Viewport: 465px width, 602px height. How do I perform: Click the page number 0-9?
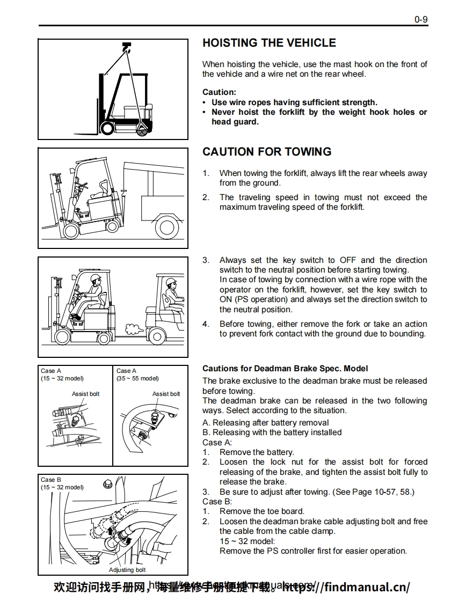420,20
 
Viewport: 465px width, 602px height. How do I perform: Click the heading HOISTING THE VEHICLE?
269,43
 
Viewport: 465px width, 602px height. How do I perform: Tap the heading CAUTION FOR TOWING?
267,152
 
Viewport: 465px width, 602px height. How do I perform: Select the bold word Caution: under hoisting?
219,92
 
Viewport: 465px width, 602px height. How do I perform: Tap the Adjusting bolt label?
127,570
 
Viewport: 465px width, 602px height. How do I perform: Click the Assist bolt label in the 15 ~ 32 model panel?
85,394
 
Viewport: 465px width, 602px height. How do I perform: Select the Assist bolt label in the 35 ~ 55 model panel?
166,394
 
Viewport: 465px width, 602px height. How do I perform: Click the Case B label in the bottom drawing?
51,480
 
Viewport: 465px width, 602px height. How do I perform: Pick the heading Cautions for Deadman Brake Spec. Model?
285,369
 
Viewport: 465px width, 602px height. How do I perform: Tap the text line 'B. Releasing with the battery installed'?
272,432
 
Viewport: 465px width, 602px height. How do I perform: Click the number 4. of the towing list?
206,324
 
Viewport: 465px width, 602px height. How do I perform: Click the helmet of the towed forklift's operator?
96,277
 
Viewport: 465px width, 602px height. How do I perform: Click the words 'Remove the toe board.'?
261,511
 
